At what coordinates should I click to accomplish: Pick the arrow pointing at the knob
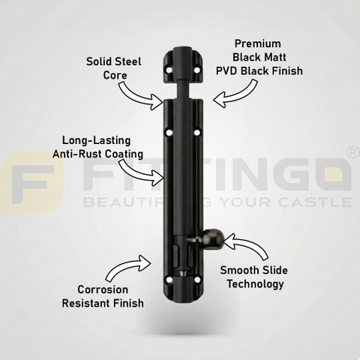pos(246,245)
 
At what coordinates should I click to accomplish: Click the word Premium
pos(258,43)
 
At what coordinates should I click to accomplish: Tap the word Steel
pos(129,61)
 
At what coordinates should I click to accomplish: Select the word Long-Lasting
pos(96,140)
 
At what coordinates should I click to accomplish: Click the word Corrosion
pos(103,289)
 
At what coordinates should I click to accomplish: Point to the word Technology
pos(255,284)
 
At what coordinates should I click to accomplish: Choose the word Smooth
pos(239,270)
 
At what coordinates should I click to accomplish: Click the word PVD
pos(226,70)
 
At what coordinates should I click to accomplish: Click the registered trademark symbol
pos(354,153)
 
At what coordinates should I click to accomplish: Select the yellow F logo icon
pos(31,183)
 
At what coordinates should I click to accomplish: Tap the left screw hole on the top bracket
pos(169,70)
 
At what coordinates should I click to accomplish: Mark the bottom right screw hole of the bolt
pos(197,280)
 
